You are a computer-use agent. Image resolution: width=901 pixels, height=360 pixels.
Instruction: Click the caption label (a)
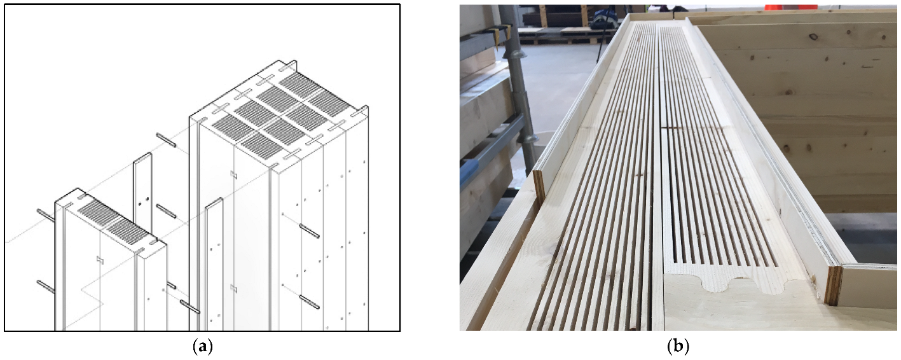click(202, 347)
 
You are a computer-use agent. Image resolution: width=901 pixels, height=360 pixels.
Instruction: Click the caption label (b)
click(678, 347)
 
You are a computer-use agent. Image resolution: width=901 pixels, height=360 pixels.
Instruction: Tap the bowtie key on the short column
click(100, 260)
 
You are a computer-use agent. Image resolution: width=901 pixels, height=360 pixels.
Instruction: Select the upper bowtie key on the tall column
click(234, 174)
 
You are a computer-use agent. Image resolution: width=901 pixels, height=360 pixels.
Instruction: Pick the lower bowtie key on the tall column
click(234, 288)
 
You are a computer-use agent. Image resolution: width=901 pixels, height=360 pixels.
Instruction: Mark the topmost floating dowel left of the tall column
click(166, 140)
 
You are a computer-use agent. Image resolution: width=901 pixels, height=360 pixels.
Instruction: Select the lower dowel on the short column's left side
click(46, 286)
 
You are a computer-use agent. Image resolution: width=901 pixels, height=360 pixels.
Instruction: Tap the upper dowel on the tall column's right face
click(309, 231)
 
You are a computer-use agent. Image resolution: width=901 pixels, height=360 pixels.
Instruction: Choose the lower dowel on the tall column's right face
click(309, 301)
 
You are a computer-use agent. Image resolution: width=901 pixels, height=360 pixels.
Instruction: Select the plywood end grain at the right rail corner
click(832, 285)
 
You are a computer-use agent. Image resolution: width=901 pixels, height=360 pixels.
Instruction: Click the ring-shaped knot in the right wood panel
click(814, 37)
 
